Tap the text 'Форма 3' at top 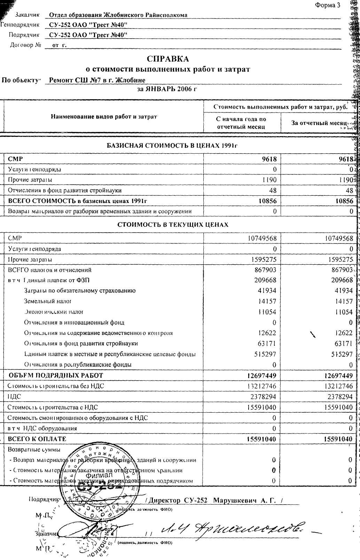[327, 5]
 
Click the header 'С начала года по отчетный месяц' [241, 123]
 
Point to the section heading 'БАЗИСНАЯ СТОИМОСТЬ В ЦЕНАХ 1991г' [172, 146]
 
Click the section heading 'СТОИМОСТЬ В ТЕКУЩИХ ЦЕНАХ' [173, 225]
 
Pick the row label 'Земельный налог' [48, 301]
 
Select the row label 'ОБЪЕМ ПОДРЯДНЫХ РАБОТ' [56, 375]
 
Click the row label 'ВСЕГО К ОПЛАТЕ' [37, 439]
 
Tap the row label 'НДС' [12, 397]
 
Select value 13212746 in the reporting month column [338, 386]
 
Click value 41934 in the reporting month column [344, 290]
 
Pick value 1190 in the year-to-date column [269, 180]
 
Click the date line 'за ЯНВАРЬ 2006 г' [167, 89]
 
